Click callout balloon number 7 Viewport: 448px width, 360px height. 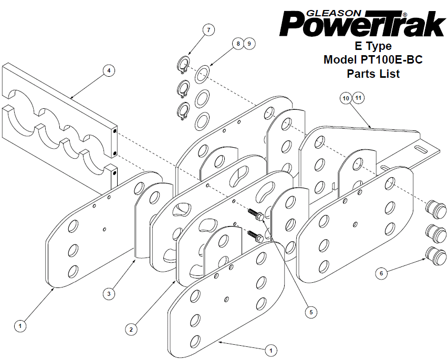point(209,30)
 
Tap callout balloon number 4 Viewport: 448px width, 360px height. point(109,70)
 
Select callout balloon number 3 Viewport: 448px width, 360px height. point(109,293)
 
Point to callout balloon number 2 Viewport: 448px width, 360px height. point(131,330)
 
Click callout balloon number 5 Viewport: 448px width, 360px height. point(311,312)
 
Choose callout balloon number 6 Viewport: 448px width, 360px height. point(381,273)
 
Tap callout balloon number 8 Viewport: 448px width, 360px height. point(238,44)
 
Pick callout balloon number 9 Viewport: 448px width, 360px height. point(249,44)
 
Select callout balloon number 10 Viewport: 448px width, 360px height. point(346,98)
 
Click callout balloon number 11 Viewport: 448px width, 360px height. point(358,98)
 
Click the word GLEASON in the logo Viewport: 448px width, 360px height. point(334,14)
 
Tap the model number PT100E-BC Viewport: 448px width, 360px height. point(389,59)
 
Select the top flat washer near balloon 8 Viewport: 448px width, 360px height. point(202,74)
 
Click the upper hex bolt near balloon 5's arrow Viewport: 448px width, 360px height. point(255,215)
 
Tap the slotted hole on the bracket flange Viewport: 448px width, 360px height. point(423,149)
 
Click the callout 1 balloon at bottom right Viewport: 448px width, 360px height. point(271,351)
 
